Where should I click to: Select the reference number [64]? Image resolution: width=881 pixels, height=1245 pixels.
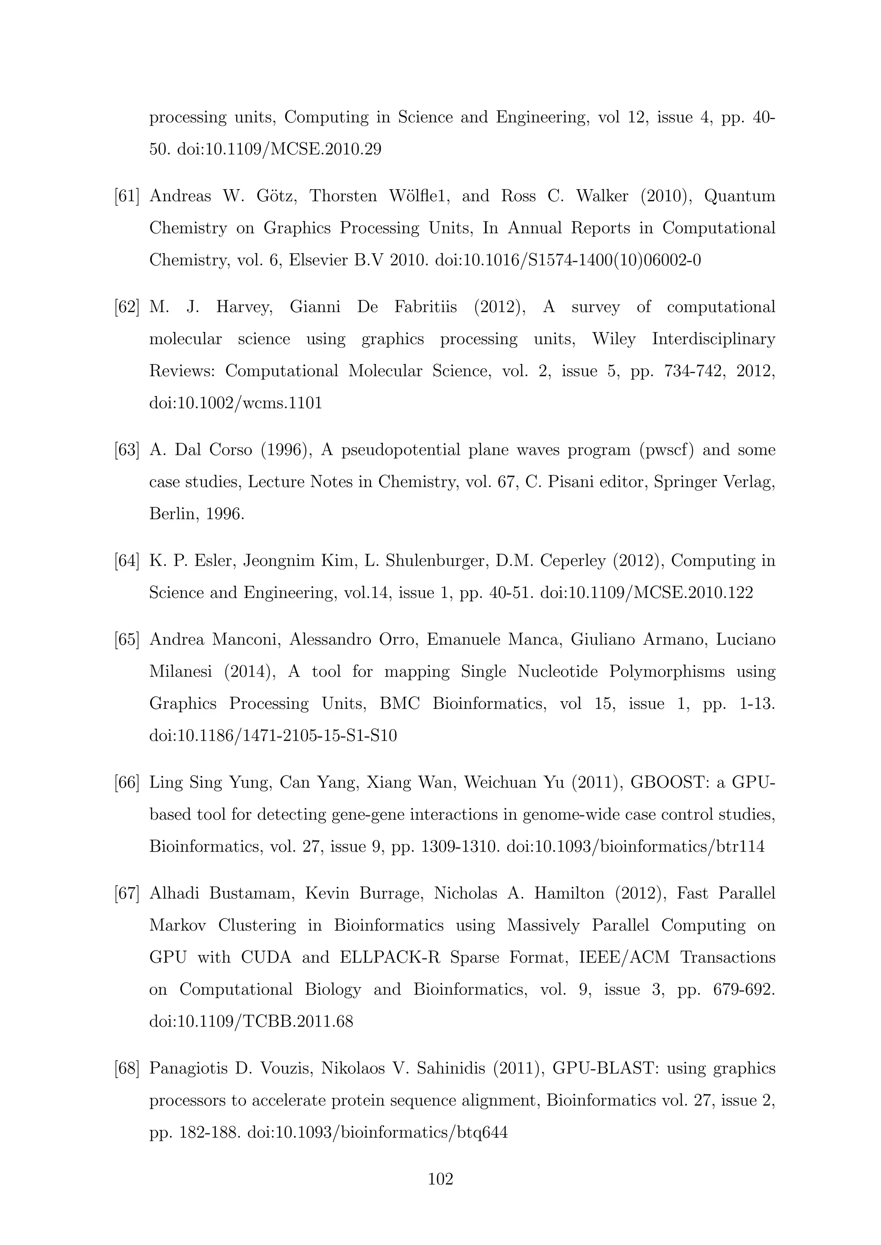click(127, 561)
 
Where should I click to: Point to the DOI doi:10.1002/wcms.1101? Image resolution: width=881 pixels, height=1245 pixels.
click(235, 403)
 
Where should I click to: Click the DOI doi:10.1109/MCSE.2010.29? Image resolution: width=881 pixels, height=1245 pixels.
click(279, 149)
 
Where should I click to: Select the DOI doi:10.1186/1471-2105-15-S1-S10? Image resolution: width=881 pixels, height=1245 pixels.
click(273, 736)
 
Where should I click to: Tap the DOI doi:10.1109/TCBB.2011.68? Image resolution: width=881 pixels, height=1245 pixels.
click(251, 1021)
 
